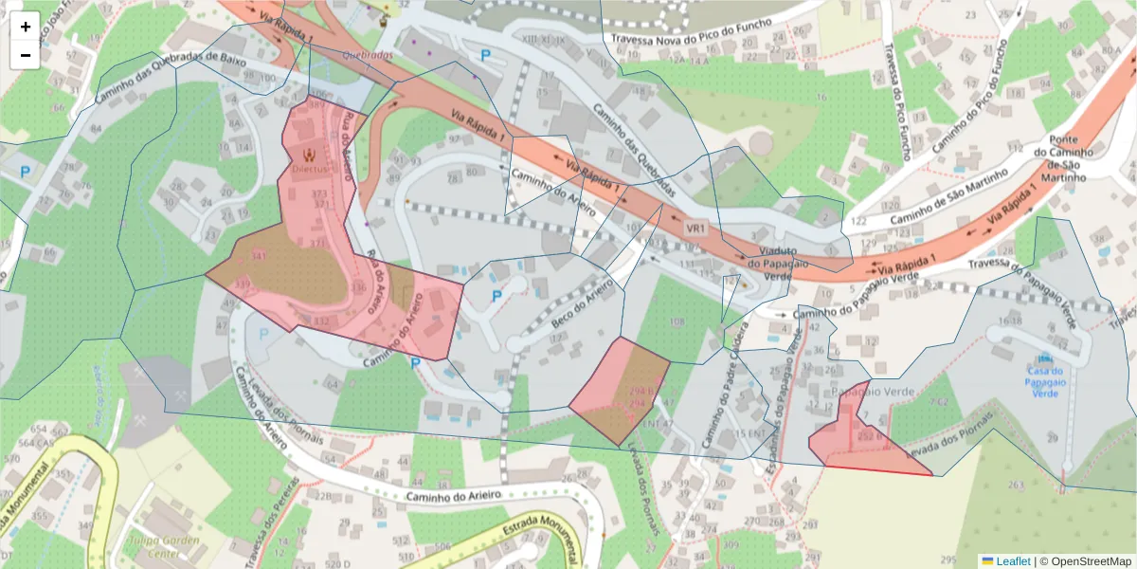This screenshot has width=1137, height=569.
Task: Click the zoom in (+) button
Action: (x=26, y=27)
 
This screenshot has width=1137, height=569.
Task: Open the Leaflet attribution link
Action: (x=1013, y=560)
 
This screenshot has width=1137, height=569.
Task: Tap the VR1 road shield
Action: (x=697, y=229)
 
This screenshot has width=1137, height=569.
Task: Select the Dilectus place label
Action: (x=310, y=167)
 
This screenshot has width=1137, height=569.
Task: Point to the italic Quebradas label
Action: (x=368, y=56)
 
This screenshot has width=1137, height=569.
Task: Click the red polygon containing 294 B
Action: (x=617, y=391)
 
